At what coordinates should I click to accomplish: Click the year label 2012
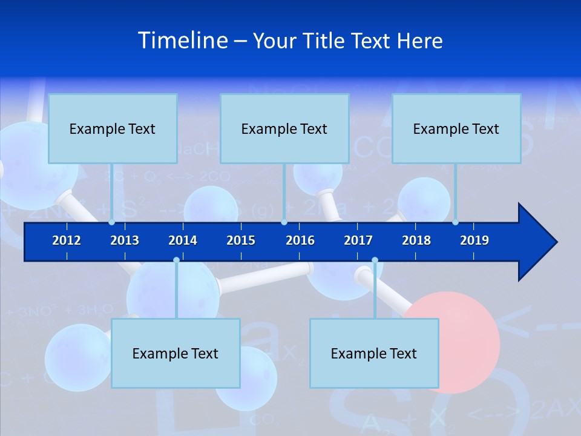67,240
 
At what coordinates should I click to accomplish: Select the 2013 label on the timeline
125,240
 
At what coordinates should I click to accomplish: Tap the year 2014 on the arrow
183,240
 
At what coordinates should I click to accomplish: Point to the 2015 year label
241,240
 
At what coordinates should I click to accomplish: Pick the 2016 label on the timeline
300,240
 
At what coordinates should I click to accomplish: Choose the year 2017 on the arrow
358,240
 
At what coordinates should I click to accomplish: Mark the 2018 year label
416,240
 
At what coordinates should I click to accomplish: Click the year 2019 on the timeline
474,240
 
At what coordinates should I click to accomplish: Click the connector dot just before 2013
112,222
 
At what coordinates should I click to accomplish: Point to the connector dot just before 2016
284,222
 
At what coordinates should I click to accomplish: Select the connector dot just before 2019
456,222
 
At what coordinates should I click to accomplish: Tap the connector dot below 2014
176,260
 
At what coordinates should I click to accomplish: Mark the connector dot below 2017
375,260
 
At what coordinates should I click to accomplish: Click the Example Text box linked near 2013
113,128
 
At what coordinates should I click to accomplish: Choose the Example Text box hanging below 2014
176,353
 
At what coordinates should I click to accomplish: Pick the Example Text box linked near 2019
456,128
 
